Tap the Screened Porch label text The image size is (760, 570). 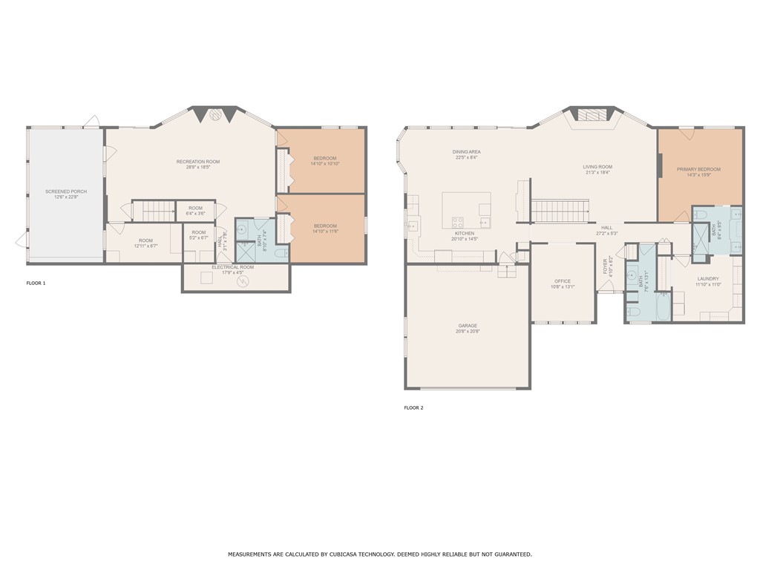pos(66,191)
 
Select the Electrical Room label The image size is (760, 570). pos(232,267)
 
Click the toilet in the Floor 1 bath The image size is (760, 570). pos(281,254)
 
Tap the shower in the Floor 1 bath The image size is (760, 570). pos(244,252)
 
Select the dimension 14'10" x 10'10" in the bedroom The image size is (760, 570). pos(324,164)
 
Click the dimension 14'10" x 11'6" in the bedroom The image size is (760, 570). pos(324,232)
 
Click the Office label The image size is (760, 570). pos(563,281)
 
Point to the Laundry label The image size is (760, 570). pos(707,278)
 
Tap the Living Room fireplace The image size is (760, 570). pos(592,116)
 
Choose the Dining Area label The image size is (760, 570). pos(467,151)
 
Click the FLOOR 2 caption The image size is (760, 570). pos(413,407)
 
